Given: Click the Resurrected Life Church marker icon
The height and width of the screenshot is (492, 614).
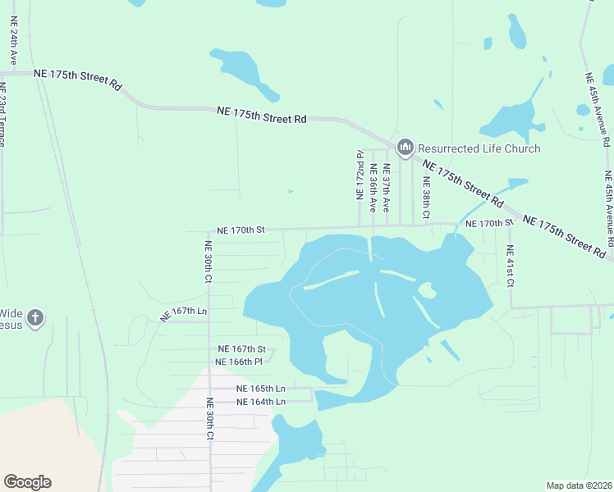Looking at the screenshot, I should [x=404, y=148].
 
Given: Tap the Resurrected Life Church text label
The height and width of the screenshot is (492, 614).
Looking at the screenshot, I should [x=479, y=148].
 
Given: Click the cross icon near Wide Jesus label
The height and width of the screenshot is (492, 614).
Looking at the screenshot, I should [x=34, y=318].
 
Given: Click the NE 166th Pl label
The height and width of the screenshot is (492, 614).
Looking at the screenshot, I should [x=238, y=362].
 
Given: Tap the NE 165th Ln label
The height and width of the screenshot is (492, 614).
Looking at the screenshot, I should [x=260, y=388].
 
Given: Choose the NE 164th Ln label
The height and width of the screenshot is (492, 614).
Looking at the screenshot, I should [x=260, y=401].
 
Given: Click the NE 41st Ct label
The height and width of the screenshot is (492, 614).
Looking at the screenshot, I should [x=510, y=266].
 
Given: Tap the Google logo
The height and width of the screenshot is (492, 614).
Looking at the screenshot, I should [x=27, y=482].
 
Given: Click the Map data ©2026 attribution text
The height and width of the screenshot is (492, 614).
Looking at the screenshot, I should [x=578, y=485].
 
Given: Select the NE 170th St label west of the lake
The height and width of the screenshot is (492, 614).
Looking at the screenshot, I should [x=241, y=231].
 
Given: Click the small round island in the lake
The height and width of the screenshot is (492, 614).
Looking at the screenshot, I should [x=426, y=289].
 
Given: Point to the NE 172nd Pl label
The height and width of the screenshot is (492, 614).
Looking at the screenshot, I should [x=360, y=175].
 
